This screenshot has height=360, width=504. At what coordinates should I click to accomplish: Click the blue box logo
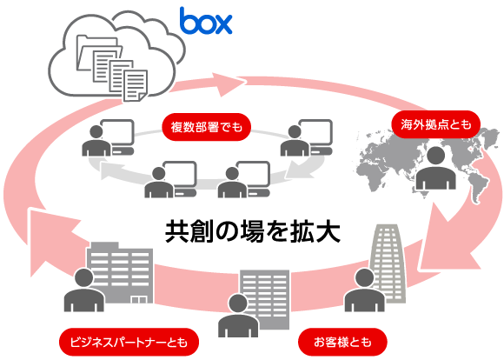[x=206, y=21]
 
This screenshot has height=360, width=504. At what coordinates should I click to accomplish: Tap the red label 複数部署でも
[x=206, y=127]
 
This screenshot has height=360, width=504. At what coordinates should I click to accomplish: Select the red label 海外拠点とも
[x=436, y=124]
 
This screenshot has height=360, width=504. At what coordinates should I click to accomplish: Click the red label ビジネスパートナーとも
[x=129, y=342]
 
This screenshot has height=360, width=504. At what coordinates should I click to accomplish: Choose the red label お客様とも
[x=342, y=342]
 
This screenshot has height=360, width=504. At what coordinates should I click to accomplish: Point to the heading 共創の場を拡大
[x=253, y=231]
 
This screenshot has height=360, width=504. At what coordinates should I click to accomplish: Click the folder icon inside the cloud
[x=96, y=52]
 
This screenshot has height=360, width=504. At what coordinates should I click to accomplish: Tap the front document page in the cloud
[x=136, y=85]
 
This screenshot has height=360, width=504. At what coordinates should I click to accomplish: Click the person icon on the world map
[x=435, y=168]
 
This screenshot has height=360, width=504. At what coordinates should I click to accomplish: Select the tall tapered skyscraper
[x=388, y=263]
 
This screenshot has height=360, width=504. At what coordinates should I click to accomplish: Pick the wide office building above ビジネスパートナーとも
[x=120, y=273]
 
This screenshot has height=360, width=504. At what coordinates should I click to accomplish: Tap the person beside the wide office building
[x=84, y=290]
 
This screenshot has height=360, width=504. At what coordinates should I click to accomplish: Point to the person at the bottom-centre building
[x=238, y=316]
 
